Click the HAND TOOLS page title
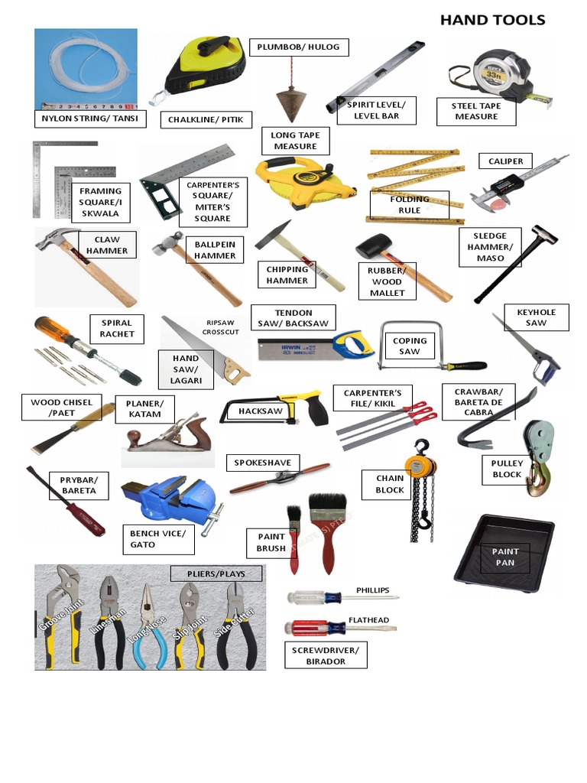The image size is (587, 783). (492, 20)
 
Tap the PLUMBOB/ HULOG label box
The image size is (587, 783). (299, 47)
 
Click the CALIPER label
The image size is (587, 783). (505, 161)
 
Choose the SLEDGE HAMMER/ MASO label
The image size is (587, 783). (490, 247)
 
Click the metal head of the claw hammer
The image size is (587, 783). (53, 240)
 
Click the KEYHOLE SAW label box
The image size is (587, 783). (536, 317)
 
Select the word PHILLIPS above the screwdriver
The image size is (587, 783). (372, 590)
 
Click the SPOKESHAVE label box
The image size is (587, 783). (263, 463)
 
